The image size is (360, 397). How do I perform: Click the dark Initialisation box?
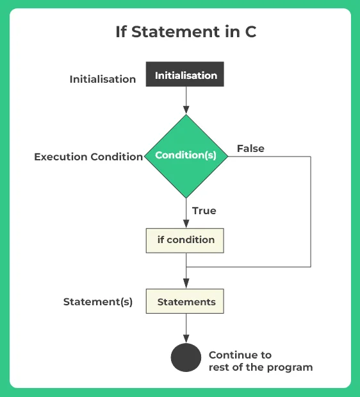[x=185, y=74]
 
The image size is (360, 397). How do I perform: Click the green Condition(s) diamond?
[x=186, y=156]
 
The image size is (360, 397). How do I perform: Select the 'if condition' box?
[x=185, y=240]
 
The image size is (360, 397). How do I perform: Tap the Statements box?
[x=185, y=301]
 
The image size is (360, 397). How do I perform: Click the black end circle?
[x=186, y=357]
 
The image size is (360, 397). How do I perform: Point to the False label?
[x=250, y=148]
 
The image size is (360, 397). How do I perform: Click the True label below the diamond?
[x=204, y=210]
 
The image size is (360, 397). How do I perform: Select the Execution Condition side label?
[x=88, y=156]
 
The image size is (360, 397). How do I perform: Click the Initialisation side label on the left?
[x=102, y=80]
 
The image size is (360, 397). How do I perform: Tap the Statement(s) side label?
[x=97, y=301]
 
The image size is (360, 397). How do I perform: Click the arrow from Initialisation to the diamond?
[x=186, y=100]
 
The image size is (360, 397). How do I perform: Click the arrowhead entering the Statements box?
[x=186, y=284]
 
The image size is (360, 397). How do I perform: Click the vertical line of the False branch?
[x=311, y=212]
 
